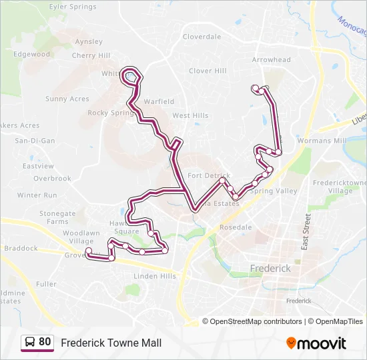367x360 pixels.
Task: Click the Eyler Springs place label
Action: coord(73,7)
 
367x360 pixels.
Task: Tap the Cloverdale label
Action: coord(202,37)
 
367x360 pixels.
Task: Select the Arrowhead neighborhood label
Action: coord(271,59)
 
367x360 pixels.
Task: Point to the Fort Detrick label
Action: coord(208,175)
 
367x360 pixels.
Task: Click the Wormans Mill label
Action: coord(322,141)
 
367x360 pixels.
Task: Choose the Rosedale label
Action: coord(236,227)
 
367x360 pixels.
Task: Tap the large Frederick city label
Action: coord(270,268)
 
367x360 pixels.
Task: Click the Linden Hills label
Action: coord(155,276)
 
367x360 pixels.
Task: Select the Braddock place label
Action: coord(21,248)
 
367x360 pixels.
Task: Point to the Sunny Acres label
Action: coord(67,99)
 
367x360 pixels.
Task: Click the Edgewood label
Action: coord(32,54)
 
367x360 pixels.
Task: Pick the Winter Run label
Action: coord(37,195)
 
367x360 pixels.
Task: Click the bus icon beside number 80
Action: coord(30,342)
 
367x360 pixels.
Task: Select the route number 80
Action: coord(45,342)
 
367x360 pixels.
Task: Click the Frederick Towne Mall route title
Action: coord(111,343)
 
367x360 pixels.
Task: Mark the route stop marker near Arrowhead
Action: coord(256,87)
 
